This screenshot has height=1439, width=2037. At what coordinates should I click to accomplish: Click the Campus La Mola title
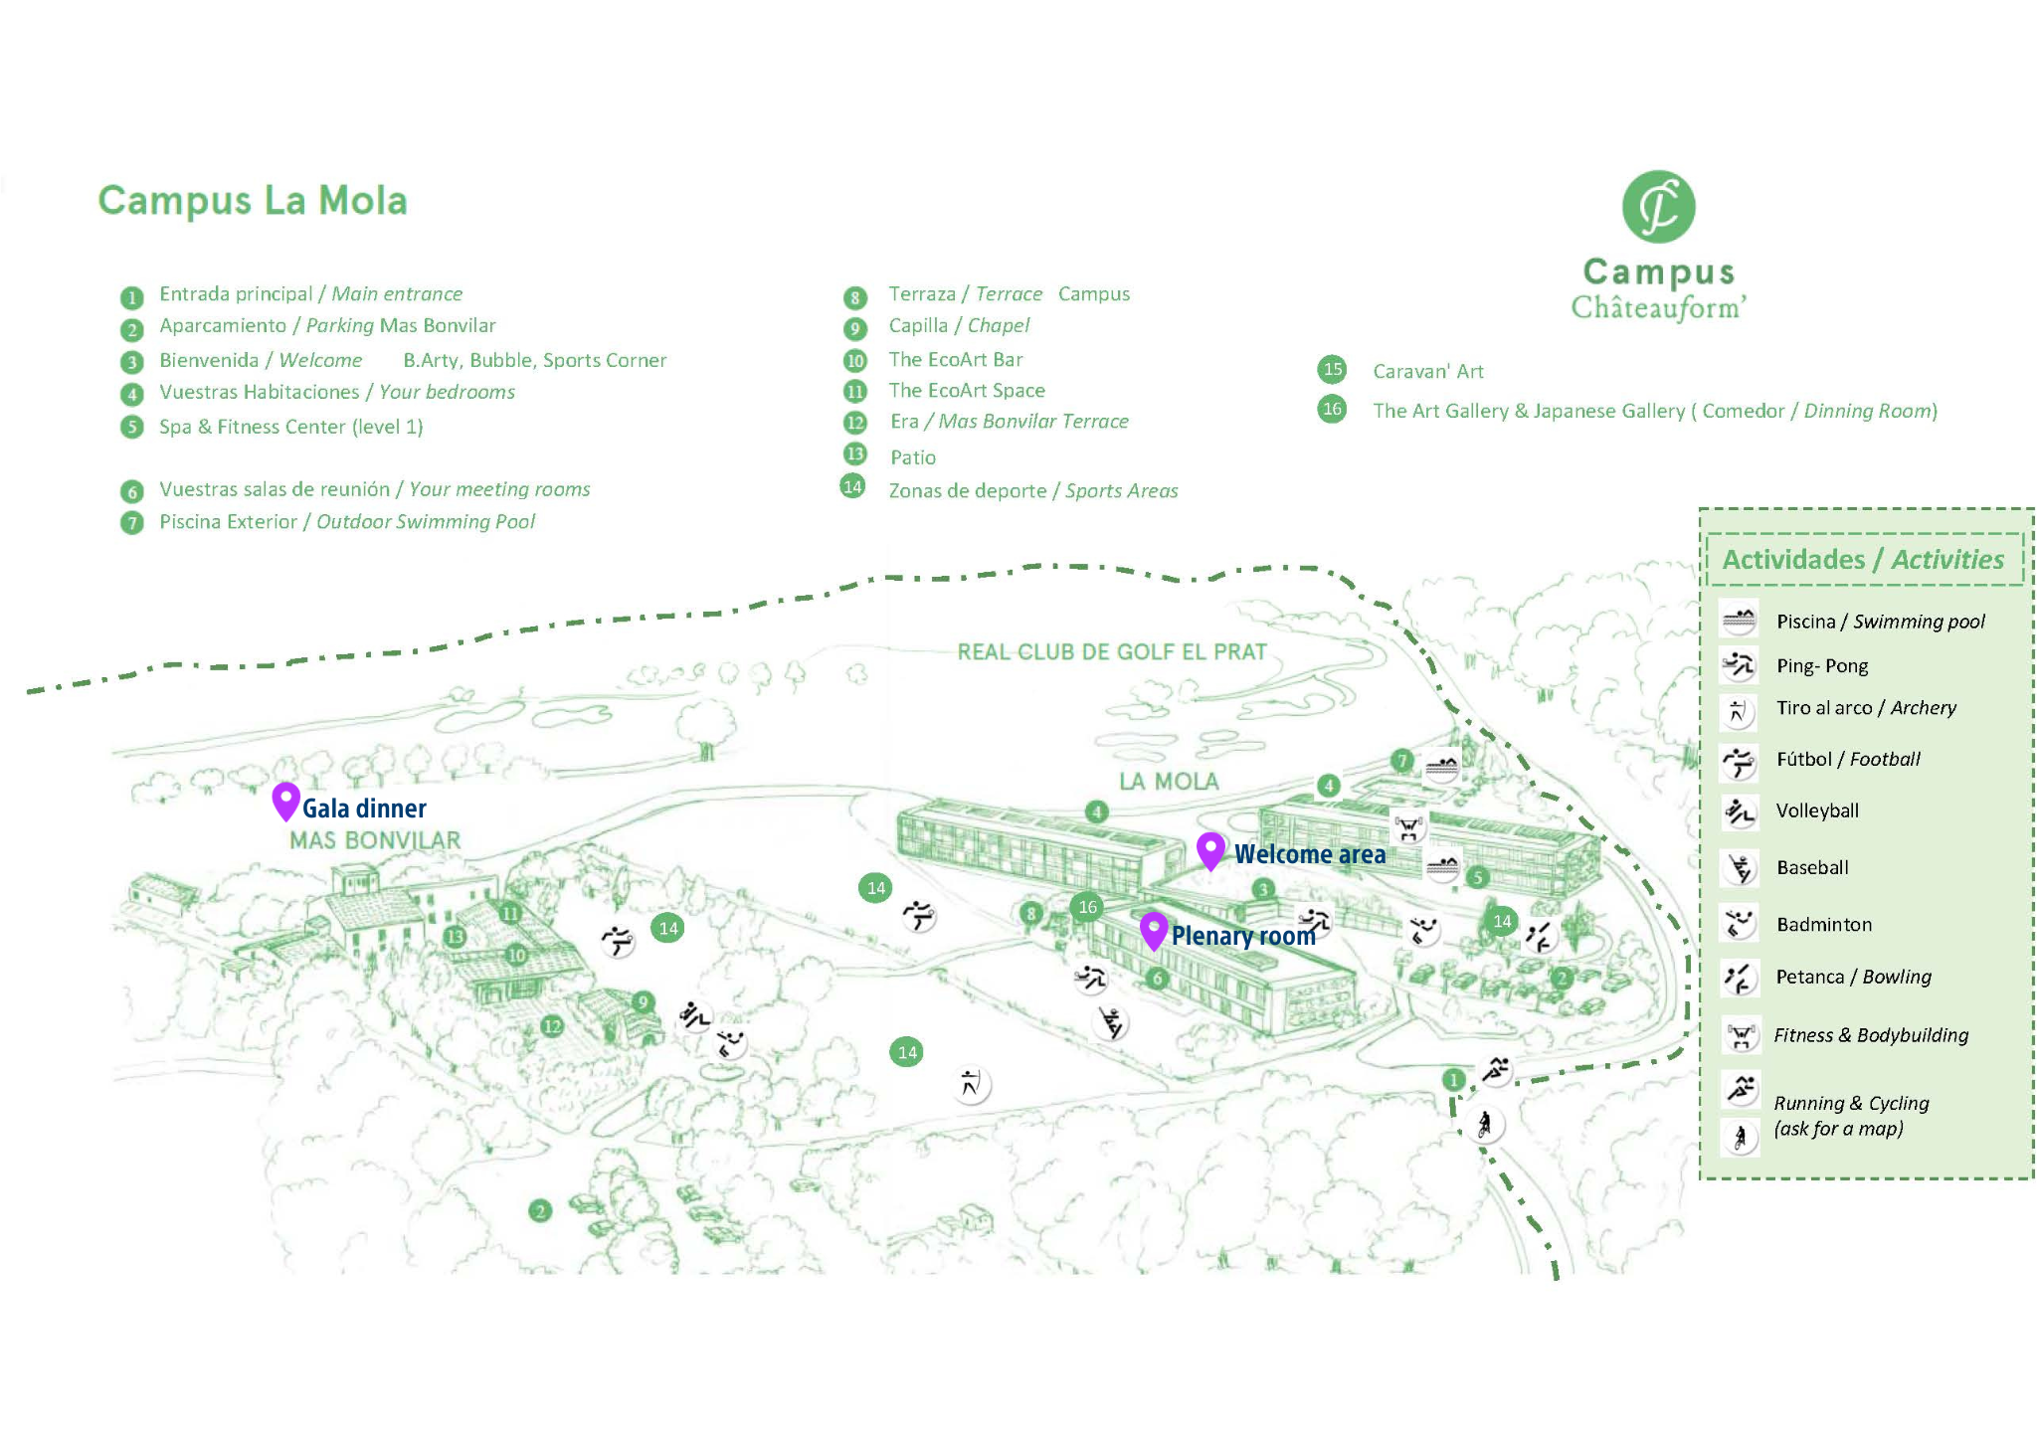tap(253, 200)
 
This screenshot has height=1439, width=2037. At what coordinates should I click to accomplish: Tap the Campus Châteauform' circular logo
tap(1658, 207)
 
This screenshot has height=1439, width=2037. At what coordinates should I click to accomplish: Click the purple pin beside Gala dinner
tap(285, 800)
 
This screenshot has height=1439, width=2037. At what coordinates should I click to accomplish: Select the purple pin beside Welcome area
tap(1209, 850)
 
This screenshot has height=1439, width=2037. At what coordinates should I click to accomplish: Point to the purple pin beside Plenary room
tap(1153, 930)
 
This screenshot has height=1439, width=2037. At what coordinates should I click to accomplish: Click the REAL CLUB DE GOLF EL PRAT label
tap(1112, 652)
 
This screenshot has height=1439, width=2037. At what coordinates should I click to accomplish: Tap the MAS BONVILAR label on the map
tap(375, 840)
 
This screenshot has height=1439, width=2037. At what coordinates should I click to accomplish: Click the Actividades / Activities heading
tap(1863, 559)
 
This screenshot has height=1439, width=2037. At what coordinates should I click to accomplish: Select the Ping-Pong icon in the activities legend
tap(1739, 664)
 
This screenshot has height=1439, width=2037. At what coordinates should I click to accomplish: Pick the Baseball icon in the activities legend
tap(1740, 868)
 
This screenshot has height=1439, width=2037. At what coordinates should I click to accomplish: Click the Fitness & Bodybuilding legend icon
tap(1740, 1035)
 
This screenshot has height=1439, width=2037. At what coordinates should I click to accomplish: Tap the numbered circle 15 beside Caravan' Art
tap(1332, 370)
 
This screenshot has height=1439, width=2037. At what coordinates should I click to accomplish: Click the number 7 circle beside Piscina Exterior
tap(131, 523)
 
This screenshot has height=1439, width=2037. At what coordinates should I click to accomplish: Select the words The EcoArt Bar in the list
tap(955, 359)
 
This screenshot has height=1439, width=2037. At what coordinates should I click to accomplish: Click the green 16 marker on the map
tap(1087, 907)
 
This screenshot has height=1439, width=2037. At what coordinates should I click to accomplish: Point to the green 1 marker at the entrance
tap(1453, 1079)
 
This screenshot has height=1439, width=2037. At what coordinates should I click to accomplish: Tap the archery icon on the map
tap(970, 1083)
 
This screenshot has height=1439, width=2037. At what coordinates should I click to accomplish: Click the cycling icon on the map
tap(1484, 1125)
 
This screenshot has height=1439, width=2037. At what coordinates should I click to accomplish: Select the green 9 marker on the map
tap(643, 1002)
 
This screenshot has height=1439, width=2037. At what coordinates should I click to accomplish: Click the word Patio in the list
tap(912, 457)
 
